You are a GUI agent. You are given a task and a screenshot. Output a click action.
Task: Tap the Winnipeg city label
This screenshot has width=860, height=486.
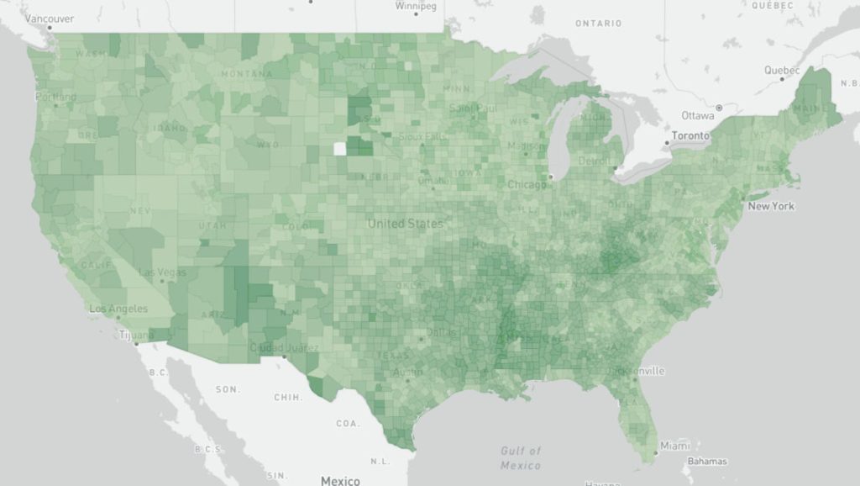(416, 6)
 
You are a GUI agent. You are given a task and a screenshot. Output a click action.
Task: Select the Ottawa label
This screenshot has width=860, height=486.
(697, 115)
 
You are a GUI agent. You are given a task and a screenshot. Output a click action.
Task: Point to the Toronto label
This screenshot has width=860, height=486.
(690, 135)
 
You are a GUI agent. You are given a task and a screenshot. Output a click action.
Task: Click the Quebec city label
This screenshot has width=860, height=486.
(781, 71)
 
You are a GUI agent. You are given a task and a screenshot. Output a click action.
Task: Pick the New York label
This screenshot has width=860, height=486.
(771, 206)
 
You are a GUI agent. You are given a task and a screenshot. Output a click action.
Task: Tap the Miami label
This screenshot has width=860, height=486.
(674, 445)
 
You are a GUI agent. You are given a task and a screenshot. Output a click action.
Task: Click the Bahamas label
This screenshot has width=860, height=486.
(706, 461)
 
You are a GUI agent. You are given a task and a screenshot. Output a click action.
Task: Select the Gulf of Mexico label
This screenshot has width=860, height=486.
(521, 458)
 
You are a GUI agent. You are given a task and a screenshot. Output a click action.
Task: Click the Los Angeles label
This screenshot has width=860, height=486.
(118, 309)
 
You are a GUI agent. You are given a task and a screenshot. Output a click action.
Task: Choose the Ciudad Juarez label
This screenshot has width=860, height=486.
(284, 348)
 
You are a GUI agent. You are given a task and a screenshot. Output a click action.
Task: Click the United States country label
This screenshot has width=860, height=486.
(406, 224)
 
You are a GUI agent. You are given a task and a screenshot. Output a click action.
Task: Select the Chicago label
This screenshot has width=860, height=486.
(527, 184)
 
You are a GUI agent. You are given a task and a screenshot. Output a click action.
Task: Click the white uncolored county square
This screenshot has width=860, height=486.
(339, 149)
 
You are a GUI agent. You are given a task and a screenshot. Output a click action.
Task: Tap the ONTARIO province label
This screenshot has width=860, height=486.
(598, 24)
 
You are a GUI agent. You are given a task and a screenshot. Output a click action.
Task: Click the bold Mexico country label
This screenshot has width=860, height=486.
(340, 480)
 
